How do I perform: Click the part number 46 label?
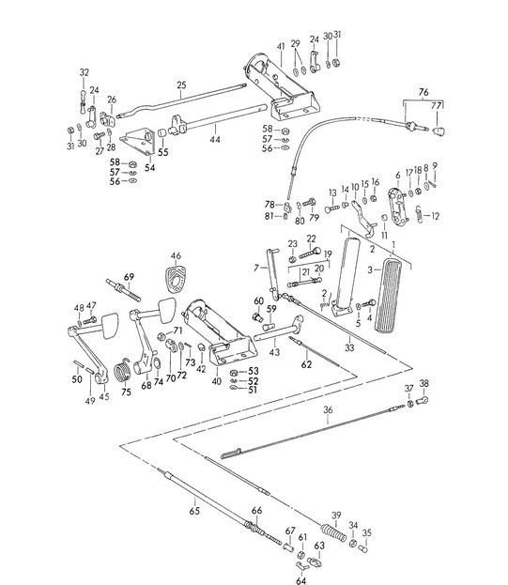pyautogui.click(x=176, y=256)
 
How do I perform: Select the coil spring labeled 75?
pyautogui.click(x=121, y=369)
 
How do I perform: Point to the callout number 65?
pyautogui.click(x=194, y=511)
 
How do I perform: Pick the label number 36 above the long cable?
pyautogui.click(x=328, y=409)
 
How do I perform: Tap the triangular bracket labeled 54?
pyautogui.click(x=139, y=141)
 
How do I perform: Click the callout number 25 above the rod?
pyautogui.click(x=181, y=85)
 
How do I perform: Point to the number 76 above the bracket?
pyautogui.click(x=423, y=92)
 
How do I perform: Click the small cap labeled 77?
pyautogui.click(x=439, y=131)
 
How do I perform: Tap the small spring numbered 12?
pyautogui.click(x=419, y=214)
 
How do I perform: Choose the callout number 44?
pyautogui.click(x=215, y=140)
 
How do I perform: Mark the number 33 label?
pyautogui.click(x=349, y=347)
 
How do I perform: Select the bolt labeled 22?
pyautogui.click(x=310, y=253)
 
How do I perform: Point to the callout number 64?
pyautogui.click(x=300, y=580)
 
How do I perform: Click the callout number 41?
pyautogui.click(x=281, y=47)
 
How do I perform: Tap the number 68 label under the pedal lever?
pyautogui.click(x=146, y=385)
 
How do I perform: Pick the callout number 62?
pyautogui.click(x=306, y=364)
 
